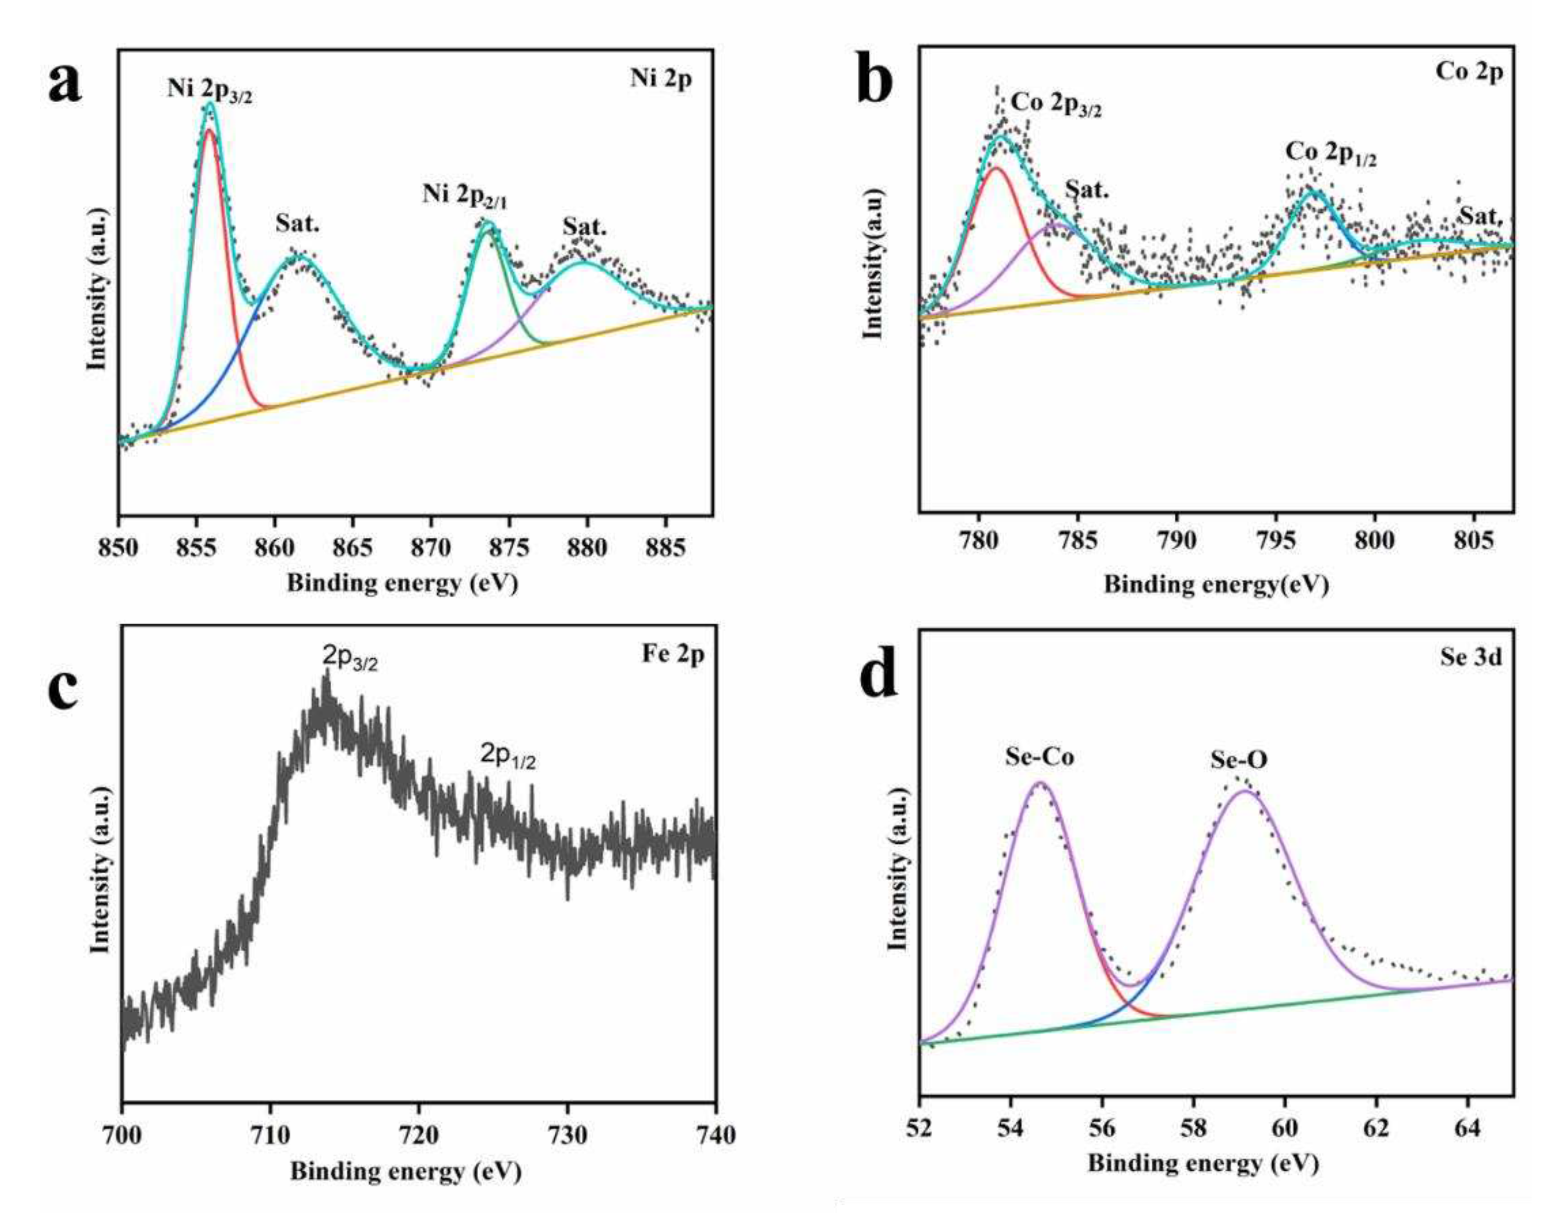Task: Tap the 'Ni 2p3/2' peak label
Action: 209,89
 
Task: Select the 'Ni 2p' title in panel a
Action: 660,79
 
